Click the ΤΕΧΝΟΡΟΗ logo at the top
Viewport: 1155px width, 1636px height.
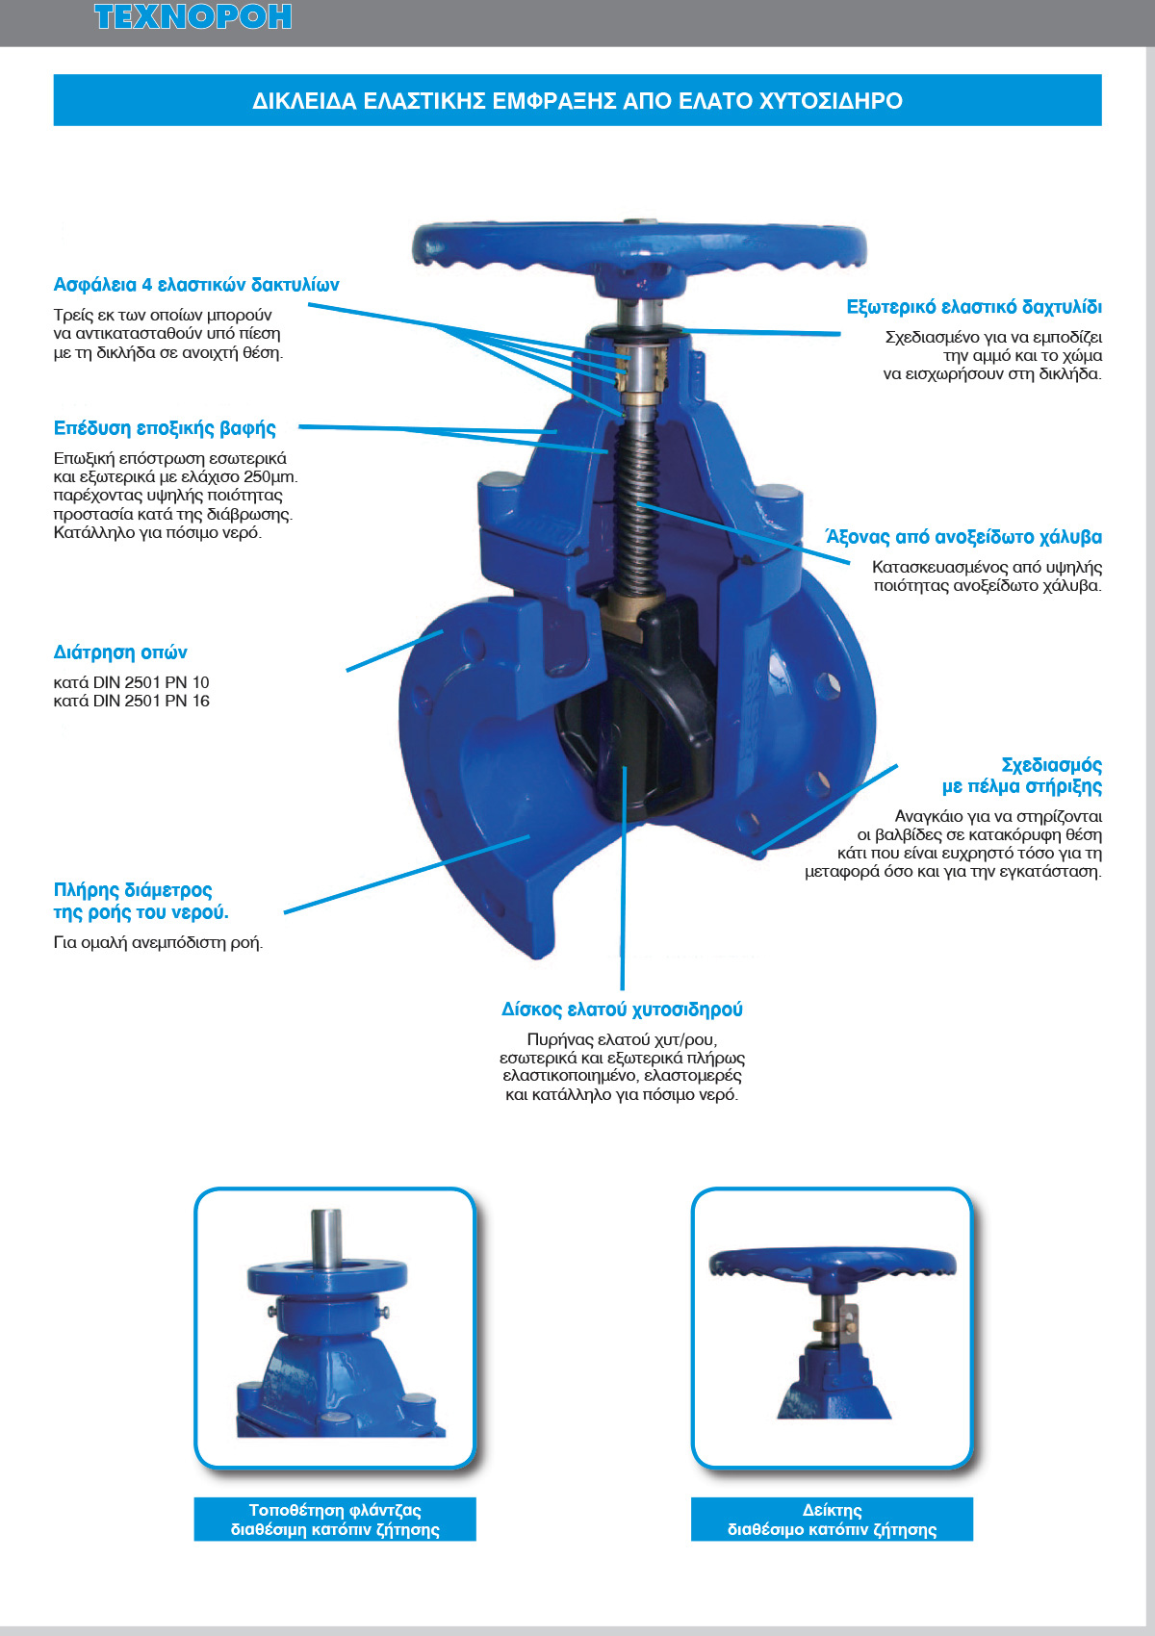(192, 17)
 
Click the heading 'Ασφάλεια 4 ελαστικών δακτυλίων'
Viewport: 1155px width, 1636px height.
(196, 285)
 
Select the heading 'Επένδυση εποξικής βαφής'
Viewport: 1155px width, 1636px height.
(165, 428)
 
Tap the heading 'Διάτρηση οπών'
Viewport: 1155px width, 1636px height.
(120, 652)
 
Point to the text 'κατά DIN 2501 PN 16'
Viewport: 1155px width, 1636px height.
(131, 702)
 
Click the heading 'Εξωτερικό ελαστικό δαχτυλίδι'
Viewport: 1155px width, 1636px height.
(974, 307)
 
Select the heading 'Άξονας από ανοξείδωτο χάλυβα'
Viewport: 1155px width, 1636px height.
(963, 537)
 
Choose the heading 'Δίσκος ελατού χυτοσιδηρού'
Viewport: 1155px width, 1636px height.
(622, 1010)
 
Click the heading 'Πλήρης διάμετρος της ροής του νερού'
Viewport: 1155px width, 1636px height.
(141, 901)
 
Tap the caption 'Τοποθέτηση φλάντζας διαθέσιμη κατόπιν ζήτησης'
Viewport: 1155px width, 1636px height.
(335, 1520)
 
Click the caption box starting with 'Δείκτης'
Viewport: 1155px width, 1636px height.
(832, 1520)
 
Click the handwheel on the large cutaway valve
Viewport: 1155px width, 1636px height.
(639, 248)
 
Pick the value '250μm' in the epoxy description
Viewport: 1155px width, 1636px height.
(270, 477)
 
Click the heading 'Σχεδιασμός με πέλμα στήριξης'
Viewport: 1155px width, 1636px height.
(1022, 776)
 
